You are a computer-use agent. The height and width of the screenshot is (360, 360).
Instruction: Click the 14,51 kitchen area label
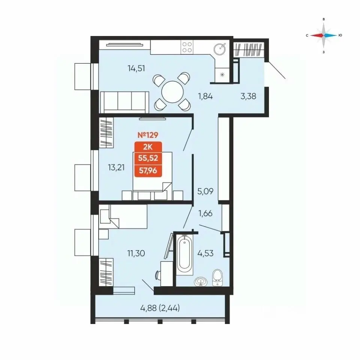pyautogui.click(x=136, y=68)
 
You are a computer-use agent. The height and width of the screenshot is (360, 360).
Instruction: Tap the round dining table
pyautogui.click(x=172, y=92)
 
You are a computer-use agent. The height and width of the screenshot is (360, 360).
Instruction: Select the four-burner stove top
pyautogui.click(x=187, y=47)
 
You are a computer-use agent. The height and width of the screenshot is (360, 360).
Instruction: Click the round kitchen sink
pyautogui.click(x=220, y=49)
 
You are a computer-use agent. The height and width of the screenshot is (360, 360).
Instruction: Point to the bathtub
pyautogui.click(x=184, y=254)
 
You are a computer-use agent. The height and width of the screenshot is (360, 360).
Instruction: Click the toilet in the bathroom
pyautogui.click(x=217, y=277)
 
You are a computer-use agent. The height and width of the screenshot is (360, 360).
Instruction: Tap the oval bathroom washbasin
pyautogui.click(x=201, y=282)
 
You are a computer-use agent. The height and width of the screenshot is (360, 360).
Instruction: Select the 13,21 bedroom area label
pyautogui.click(x=116, y=167)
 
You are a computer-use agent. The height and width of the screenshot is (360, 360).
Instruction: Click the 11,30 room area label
pyautogui.click(x=136, y=253)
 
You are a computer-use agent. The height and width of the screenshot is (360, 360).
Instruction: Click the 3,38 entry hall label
pyautogui.click(x=248, y=96)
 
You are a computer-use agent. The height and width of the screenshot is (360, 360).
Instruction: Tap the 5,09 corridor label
pyautogui.click(x=205, y=191)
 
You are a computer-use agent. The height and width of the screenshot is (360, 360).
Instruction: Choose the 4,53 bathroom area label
pyautogui.click(x=205, y=253)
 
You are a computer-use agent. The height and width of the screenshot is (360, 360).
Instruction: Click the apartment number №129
pyautogui.click(x=148, y=135)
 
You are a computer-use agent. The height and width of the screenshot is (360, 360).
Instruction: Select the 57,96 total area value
pyautogui.click(x=148, y=171)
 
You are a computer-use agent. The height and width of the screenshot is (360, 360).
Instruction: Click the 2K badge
pyautogui.click(x=148, y=147)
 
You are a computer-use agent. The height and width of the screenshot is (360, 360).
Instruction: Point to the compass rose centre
pyautogui.click(x=324, y=35)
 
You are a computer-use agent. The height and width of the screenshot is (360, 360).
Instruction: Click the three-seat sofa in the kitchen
pyautogui.click(x=124, y=102)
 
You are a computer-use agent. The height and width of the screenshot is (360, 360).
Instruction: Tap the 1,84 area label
pyautogui.click(x=205, y=96)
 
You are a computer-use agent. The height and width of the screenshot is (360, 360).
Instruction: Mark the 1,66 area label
pyautogui.click(x=205, y=213)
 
